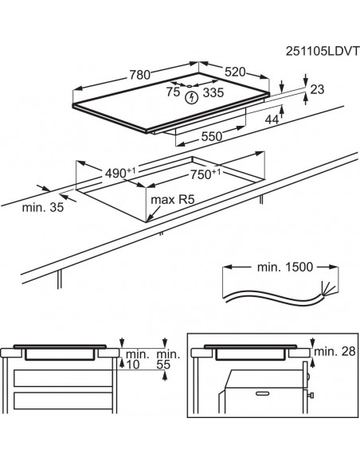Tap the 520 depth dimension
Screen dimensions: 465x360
(237, 72)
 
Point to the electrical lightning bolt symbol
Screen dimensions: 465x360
(190, 98)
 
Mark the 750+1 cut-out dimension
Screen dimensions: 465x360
(206, 175)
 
